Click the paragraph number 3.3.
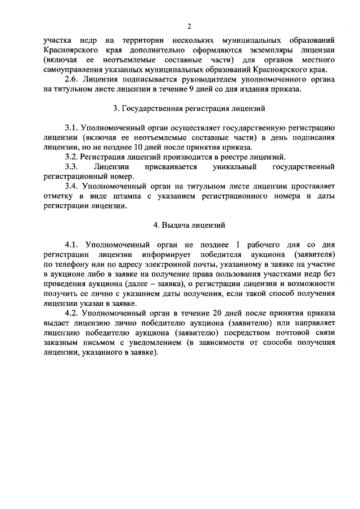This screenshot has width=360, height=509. click(x=71, y=166)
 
